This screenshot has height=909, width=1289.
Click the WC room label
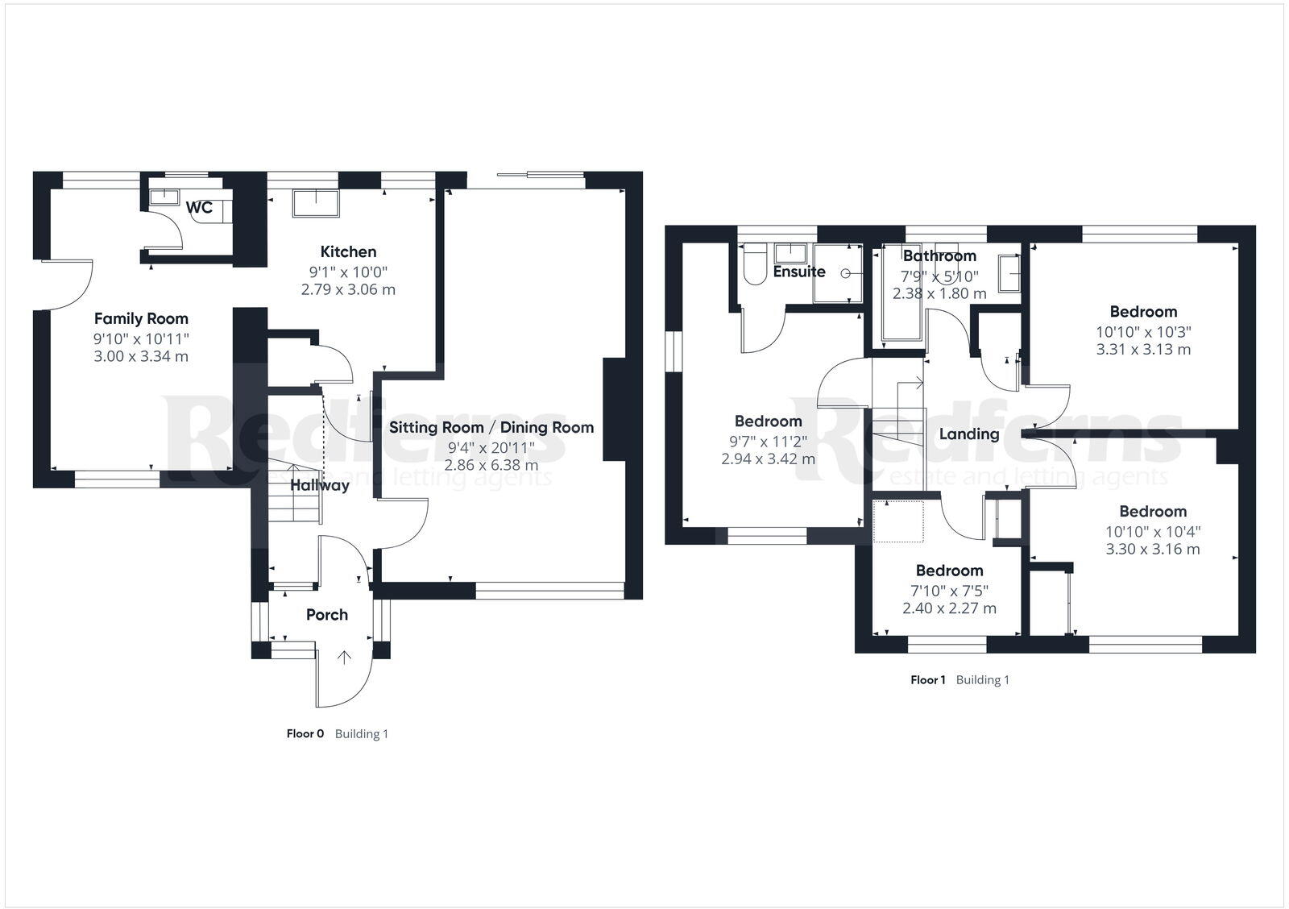coord(199,208)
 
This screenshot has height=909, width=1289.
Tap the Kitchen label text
coord(348,252)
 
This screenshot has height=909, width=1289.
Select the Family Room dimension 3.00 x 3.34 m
coord(141,356)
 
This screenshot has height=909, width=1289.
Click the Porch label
coord(327,615)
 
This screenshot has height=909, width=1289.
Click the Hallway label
coord(320,485)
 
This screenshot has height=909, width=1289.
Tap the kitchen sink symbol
coord(316,202)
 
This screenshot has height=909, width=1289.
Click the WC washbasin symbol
coord(164,197)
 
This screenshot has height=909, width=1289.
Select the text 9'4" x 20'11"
coord(491,447)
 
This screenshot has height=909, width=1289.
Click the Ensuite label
coord(799,272)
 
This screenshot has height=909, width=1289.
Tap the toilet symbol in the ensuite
coord(754,268)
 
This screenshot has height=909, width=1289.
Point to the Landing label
coord(969,434)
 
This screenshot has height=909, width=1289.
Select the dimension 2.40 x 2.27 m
coord(949,608)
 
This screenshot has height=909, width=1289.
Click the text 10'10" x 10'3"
coord(1143,332)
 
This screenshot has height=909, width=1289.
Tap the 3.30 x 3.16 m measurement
coord(1152,550)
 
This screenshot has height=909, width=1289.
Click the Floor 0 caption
coord(305,734)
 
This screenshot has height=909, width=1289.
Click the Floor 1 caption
coord(928,680)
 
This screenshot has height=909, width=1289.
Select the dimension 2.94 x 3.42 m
coord(768,459)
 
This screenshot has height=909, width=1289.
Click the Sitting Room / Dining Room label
coord(491,428)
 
